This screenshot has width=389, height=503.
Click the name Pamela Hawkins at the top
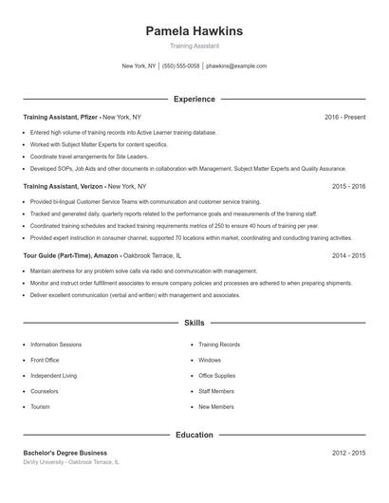[x=194, y=31]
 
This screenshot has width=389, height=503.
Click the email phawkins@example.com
[x=236, y=66]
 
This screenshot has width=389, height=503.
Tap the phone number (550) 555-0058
[x=181, y=66]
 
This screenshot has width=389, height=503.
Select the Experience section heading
[x=194, y=99]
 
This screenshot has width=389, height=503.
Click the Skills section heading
[x=194, y=324]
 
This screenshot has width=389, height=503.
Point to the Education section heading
[x=194, y=435]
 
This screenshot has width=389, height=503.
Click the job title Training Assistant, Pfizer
[x=62, y=117]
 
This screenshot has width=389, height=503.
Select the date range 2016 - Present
[x=344, y=117]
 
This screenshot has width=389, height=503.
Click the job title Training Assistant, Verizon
[x=64, y=187]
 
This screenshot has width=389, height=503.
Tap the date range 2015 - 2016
[x=348, y=187]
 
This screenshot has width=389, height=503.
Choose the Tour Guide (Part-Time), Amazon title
[x=70, y=256]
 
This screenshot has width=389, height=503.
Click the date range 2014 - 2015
[x=348, y=256]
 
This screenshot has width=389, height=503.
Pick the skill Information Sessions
[x=56, y=345]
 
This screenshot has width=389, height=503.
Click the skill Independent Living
[x=54, y=376]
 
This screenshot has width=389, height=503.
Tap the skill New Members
[x=216, y=406]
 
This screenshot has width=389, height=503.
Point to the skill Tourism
[x=41, y=406]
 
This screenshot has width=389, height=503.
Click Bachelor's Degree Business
[x=65, y=453]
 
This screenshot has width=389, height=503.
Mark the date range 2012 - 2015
[x=348, y=453]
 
